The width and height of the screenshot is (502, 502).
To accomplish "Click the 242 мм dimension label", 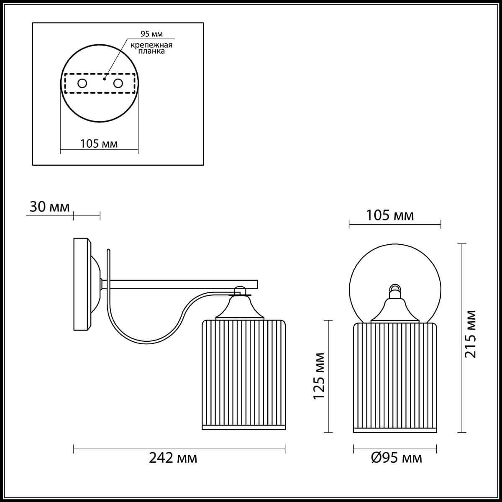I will tap(173, 458).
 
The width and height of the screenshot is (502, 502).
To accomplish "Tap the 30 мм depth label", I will tap(49, 207).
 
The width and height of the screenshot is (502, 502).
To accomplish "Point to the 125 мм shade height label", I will tap(320, 376).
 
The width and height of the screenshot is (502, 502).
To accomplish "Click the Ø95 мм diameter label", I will tap(396, 458).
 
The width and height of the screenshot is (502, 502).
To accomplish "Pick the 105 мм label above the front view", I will tap(390, 215).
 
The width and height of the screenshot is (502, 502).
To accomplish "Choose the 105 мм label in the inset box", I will tap(99, 144).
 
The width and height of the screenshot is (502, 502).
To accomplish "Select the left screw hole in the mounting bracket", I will tap(82, 83).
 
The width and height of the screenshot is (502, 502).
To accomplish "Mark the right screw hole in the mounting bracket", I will tap(118, 83).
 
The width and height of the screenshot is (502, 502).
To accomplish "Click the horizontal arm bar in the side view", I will tap(184, 284).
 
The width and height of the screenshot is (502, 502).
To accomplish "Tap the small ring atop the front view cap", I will tap(394, 287).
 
